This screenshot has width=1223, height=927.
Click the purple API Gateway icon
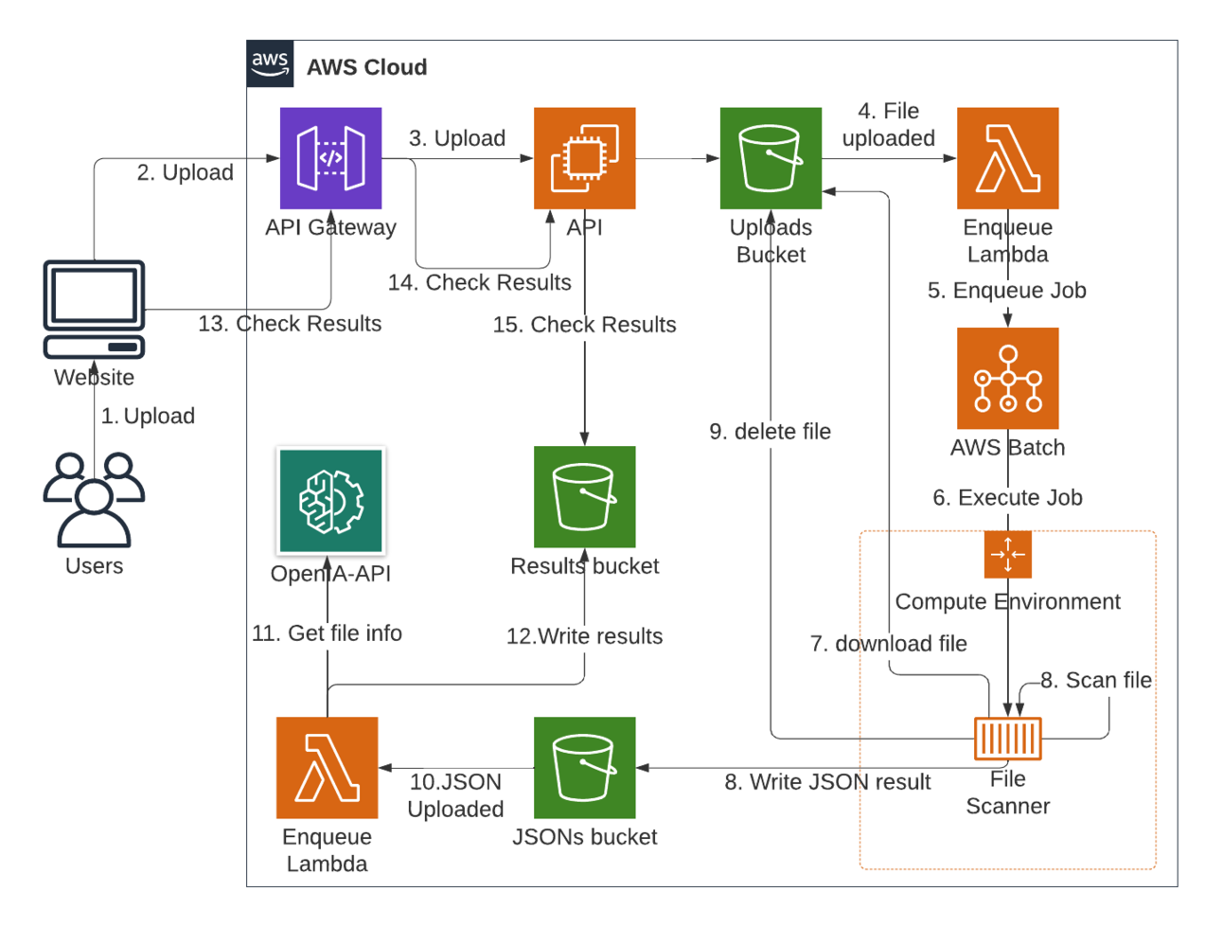330,158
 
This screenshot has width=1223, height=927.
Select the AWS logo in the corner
270,63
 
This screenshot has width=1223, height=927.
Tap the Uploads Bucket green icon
771,158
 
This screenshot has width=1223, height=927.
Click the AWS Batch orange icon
1007,378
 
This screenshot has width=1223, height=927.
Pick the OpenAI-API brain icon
330,501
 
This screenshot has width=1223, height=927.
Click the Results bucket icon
584,497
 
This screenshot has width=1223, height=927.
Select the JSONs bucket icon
584,767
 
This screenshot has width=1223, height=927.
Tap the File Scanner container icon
1007,739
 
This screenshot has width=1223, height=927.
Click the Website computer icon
94,309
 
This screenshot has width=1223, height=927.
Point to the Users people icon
94,499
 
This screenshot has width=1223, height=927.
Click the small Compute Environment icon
1007,554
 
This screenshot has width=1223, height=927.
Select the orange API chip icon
584,158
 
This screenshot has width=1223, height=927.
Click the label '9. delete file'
770,432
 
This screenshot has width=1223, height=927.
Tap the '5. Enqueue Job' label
1006,291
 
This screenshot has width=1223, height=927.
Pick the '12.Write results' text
584,636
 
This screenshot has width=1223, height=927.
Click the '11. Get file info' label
327,633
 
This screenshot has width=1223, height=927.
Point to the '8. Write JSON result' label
827,782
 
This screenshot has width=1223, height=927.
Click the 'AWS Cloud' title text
366,67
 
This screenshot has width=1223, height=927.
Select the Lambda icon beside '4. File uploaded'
1007,158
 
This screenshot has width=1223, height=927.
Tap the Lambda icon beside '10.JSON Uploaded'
327,767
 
